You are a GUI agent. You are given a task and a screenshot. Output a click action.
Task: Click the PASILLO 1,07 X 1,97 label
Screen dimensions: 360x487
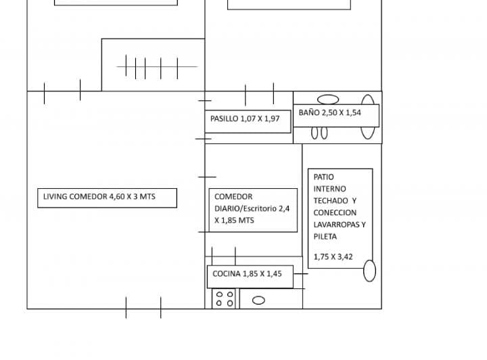[x=245, y=118]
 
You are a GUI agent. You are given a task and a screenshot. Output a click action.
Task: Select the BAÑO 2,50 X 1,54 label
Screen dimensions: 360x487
[x=330, y=113]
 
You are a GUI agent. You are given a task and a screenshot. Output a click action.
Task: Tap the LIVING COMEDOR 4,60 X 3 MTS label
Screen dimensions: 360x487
[x=99, y=197]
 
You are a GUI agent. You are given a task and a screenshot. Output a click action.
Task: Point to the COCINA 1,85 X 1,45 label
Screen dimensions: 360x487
[x=248, y=274]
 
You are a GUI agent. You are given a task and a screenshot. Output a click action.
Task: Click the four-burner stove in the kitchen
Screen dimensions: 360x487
[x=225, y=299]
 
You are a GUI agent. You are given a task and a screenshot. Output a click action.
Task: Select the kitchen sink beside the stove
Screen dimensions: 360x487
[x=258, y=300]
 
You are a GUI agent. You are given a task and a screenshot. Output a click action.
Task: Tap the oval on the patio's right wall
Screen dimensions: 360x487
[x=369, y=271]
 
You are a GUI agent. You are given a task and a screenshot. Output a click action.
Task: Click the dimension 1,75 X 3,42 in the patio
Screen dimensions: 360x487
[x=333, y=257]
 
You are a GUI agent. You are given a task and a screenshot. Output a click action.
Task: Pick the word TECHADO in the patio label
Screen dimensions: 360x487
[x=331, y=201]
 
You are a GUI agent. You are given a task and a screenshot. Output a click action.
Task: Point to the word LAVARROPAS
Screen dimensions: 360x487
[x=336, y=225]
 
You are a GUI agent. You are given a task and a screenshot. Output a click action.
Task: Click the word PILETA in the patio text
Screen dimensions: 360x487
[x=325, y=237]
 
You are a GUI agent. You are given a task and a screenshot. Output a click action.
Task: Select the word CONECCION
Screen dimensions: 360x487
[x=335, y=212]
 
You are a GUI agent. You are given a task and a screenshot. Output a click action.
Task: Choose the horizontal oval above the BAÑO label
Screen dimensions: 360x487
[x=329, y=99]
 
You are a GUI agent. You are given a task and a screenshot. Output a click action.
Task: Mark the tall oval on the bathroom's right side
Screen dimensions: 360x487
[x=369, y=116]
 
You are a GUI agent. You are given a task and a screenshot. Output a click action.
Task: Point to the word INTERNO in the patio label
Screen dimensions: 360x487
[x=329, y=189]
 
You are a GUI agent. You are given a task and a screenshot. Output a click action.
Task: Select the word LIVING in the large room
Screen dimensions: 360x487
[x=55, y=197]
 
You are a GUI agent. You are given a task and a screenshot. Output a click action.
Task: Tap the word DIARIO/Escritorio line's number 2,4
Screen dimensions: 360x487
[x=283, y=209]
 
